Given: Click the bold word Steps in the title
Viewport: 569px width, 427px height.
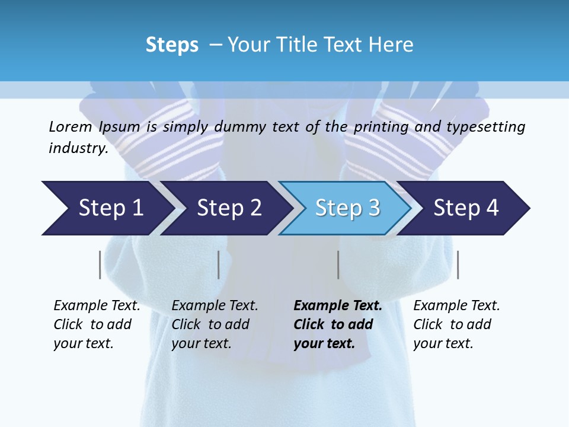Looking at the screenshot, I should click(172, 45).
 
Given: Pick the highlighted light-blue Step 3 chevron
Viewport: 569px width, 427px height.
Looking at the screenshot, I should click(347, 208).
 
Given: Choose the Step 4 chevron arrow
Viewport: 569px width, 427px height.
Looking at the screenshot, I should click(466, 208).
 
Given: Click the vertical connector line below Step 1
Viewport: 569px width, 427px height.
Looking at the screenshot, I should click(100, 265).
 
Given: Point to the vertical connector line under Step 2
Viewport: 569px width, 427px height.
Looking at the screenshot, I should click(219, 265).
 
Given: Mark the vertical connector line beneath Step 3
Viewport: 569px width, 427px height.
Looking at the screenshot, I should click(338, 265).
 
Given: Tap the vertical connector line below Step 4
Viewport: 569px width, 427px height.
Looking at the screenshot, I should click(458, 265).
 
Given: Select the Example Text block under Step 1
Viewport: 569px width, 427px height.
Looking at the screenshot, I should click(97, 324).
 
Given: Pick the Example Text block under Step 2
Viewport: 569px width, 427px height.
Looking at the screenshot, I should click(215, 324).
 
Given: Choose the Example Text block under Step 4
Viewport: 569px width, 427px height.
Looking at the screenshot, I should click(456, 324).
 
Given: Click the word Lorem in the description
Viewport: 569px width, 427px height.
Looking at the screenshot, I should click(70, 126).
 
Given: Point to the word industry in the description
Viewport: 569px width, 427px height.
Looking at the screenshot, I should click(78, 148).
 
